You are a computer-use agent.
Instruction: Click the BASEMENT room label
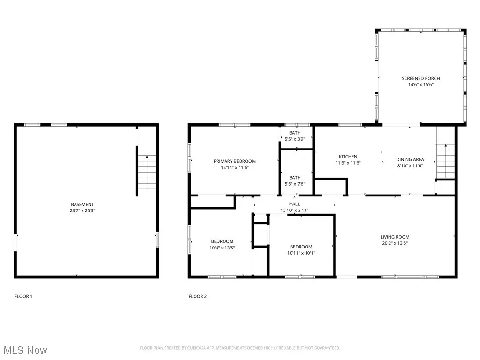click(82, 204)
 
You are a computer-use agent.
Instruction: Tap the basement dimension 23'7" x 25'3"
click(82, 211)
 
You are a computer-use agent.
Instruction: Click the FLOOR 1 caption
click(23, 296)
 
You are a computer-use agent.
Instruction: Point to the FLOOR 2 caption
click(197, 296)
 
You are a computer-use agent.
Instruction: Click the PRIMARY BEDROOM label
click(235, 161)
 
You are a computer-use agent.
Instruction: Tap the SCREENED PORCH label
click(420, 78)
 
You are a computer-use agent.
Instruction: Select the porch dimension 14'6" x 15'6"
click(420, 85)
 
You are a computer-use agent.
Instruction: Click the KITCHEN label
click(348, 157)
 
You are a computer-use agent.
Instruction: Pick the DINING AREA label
click(410, 159)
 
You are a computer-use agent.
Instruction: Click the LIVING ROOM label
click(395, 237)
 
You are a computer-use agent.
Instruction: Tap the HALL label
click(294, 204)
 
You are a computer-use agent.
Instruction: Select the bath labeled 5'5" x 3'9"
click(295, 136)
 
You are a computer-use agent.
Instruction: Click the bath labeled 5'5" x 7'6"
click(295, 180)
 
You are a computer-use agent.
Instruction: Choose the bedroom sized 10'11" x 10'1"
click(301, 249)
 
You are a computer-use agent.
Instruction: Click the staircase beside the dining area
click(445, 162)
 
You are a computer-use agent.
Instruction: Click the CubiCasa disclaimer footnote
click(240, 348)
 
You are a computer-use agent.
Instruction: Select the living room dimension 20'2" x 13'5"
click(395, 243)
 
